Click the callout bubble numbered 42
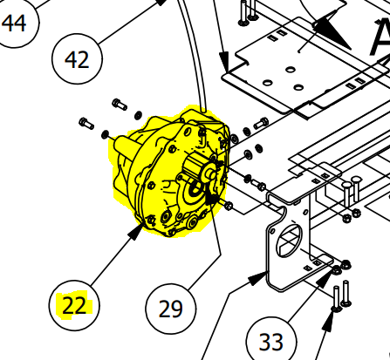coord(78,59)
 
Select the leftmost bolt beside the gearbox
coord(85,122)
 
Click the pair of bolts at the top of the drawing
coord(248,11)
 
